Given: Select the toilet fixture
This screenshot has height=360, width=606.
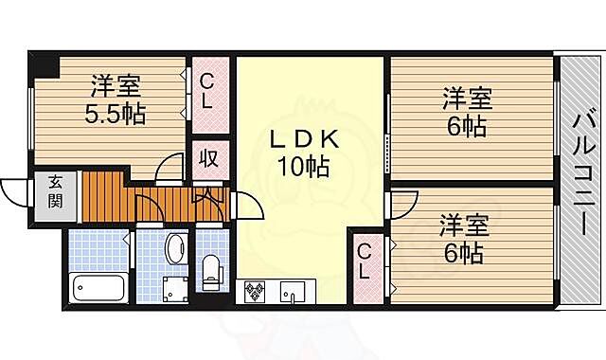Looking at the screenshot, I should pos(211,270).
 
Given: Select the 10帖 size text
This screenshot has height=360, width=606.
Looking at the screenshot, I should pos(304,169).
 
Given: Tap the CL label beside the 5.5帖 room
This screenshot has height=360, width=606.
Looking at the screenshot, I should pos(208,92).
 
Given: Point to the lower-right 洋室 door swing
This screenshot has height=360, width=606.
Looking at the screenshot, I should pos(403,201).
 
